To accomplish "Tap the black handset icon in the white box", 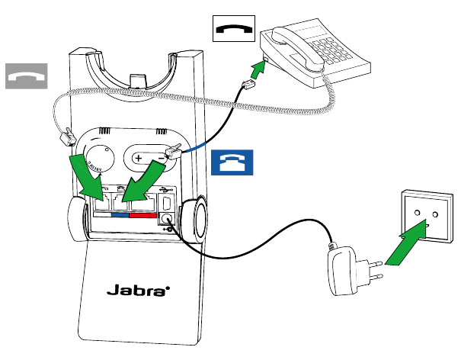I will pos(233,30).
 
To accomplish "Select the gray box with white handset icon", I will pos(27,76).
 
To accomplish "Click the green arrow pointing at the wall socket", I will pos(408,245).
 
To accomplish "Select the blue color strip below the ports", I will pos(120,216).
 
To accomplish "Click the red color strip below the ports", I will pos(142,216).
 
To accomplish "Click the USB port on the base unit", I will pos(167,202).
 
